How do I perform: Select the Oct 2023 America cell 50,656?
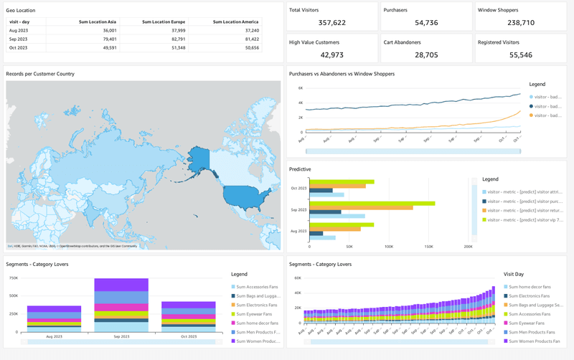click(247, 47)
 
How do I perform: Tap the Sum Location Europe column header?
click(164, 22)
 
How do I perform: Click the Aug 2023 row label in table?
click(18, 31)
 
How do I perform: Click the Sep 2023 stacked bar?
click(121, 305)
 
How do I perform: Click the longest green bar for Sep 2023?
click(371, 203)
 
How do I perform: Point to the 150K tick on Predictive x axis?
click(428, 246)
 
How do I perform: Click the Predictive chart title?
click(300, 169)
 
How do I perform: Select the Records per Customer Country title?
click(40, 74)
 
